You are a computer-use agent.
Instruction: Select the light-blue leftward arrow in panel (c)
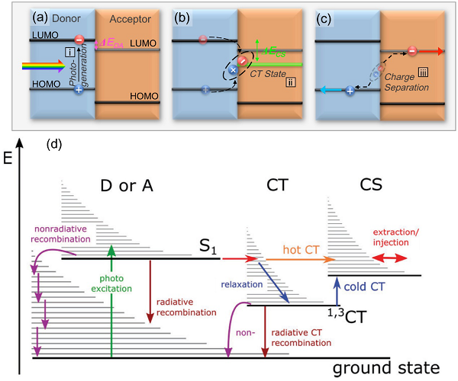click(331, 90)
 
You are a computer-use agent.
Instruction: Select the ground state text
click(386, 368)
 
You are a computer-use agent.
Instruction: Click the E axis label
click(9, 162)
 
